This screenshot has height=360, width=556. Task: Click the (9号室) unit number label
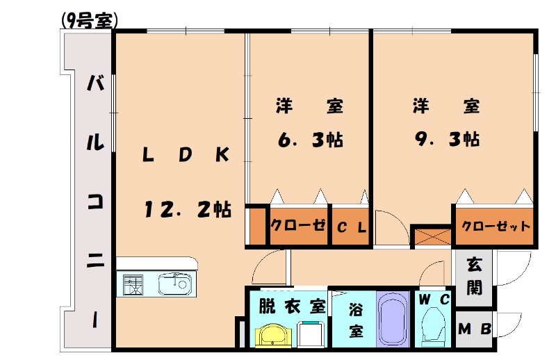point(89,21)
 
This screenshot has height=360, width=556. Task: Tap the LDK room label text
point(186,156)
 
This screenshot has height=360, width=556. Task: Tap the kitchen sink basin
point(173,284)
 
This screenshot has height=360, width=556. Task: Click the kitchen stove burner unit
point(133,284)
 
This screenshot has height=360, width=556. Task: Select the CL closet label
point(351,227)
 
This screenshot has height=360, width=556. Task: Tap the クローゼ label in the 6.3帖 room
point(298,227)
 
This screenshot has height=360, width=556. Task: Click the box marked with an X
point(431,236)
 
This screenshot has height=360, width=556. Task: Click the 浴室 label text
point(355,318)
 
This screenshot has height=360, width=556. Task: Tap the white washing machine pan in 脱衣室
point(311,335)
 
